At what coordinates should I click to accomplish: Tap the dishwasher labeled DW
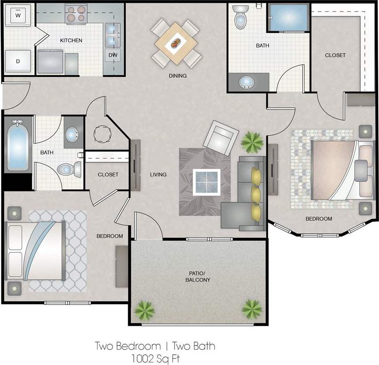(x=113, y=55)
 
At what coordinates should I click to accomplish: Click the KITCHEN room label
(x=71, y=40)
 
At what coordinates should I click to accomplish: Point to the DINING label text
(x=178, y=76)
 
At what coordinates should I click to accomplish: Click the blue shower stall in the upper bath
(x=288, y=18)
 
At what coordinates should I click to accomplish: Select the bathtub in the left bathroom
(x=18, y=145)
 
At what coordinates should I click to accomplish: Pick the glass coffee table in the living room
(x=206, y=182)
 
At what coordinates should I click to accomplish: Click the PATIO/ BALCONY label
(x=197, y=277)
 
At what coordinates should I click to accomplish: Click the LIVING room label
(x=158, y=175)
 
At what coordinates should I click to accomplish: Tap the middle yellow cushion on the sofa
(x=255, y=193)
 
